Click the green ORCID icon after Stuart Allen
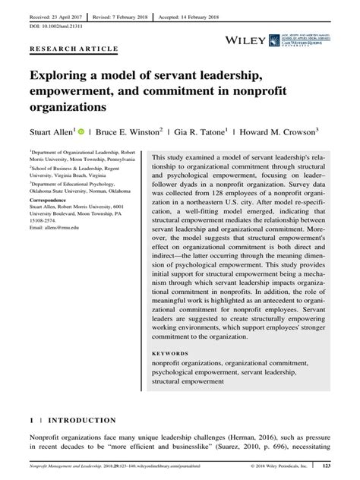click(x=81, y=130)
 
